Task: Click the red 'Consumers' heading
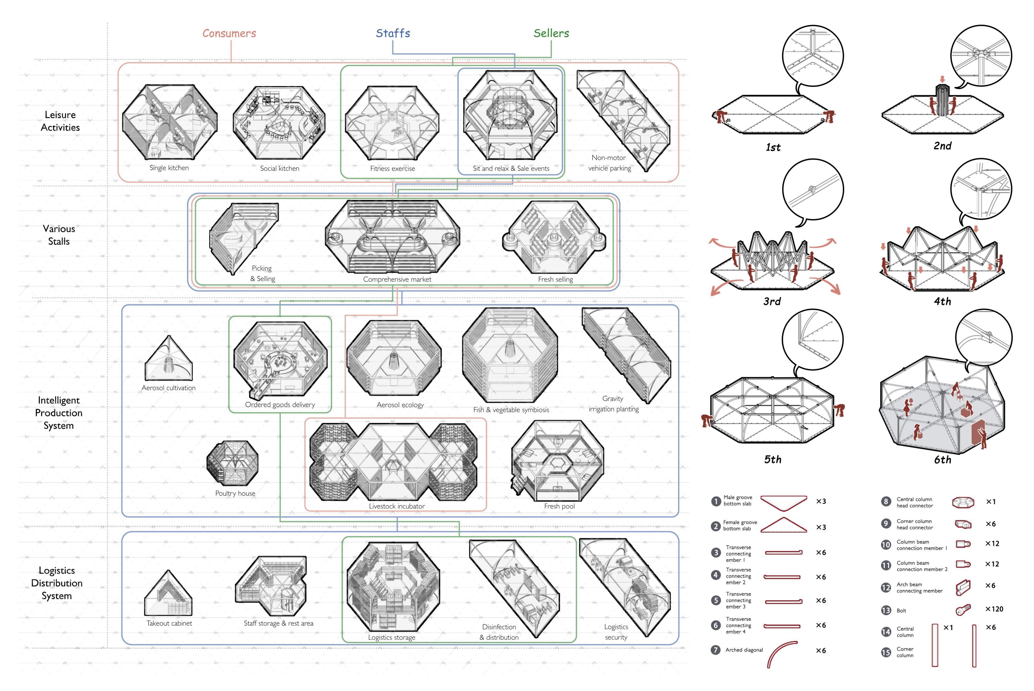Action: click(x=229, y=33)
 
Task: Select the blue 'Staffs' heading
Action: click(x=393, y=33)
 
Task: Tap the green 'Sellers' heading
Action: click(x=551, y=33)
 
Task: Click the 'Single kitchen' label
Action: click(x=169, y=168)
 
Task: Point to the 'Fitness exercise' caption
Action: click(x=392, y=168)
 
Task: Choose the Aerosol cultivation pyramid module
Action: click(x=169, y=358)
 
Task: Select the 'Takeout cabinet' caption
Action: click(x=169, y=623)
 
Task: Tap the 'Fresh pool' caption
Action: click(x=559, y=506)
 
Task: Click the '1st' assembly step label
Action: click(x=773, y=147)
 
